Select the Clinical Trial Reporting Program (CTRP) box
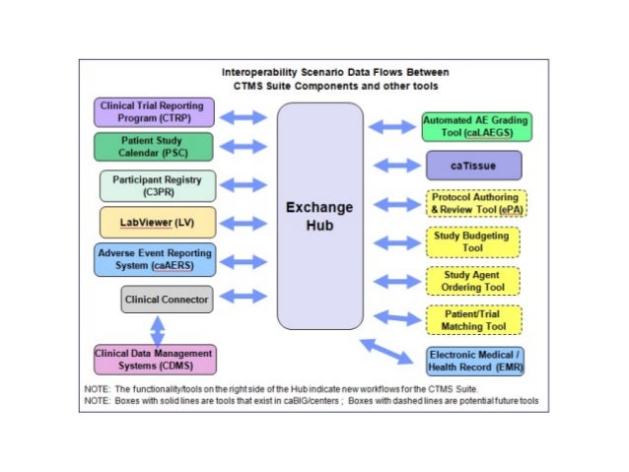(x=152, y=112)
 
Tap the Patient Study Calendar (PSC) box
(x=152, y=147)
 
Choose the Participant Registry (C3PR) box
(x=157, y=185)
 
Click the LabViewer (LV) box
(x=157, y=223)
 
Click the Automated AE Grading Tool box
(x=474, y=126)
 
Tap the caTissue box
(x=474, y=166)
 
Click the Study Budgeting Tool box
(x=474, y=241)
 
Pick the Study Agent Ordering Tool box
(x=474, y=281)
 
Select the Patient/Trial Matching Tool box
(x=474, y=319)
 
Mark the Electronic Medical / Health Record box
(x=476, y=361)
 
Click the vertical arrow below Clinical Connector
(x=156, y=328)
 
